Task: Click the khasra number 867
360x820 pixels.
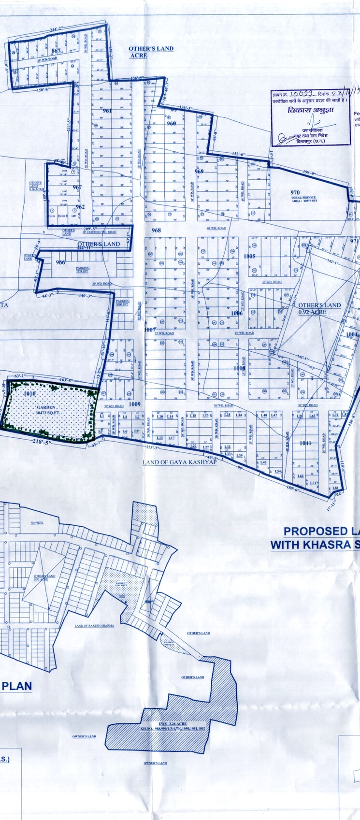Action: [x=56, y=51]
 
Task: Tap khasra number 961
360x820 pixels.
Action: [x=107, y=111]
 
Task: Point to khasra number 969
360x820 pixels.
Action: [x=199, y=171]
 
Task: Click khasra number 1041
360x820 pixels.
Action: [x=305, y=443]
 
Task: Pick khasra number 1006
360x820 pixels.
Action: [x=237, y=313]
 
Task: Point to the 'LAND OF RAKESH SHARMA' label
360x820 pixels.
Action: [x=94, y=625]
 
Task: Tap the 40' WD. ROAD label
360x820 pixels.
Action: [x=216, y=228]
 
